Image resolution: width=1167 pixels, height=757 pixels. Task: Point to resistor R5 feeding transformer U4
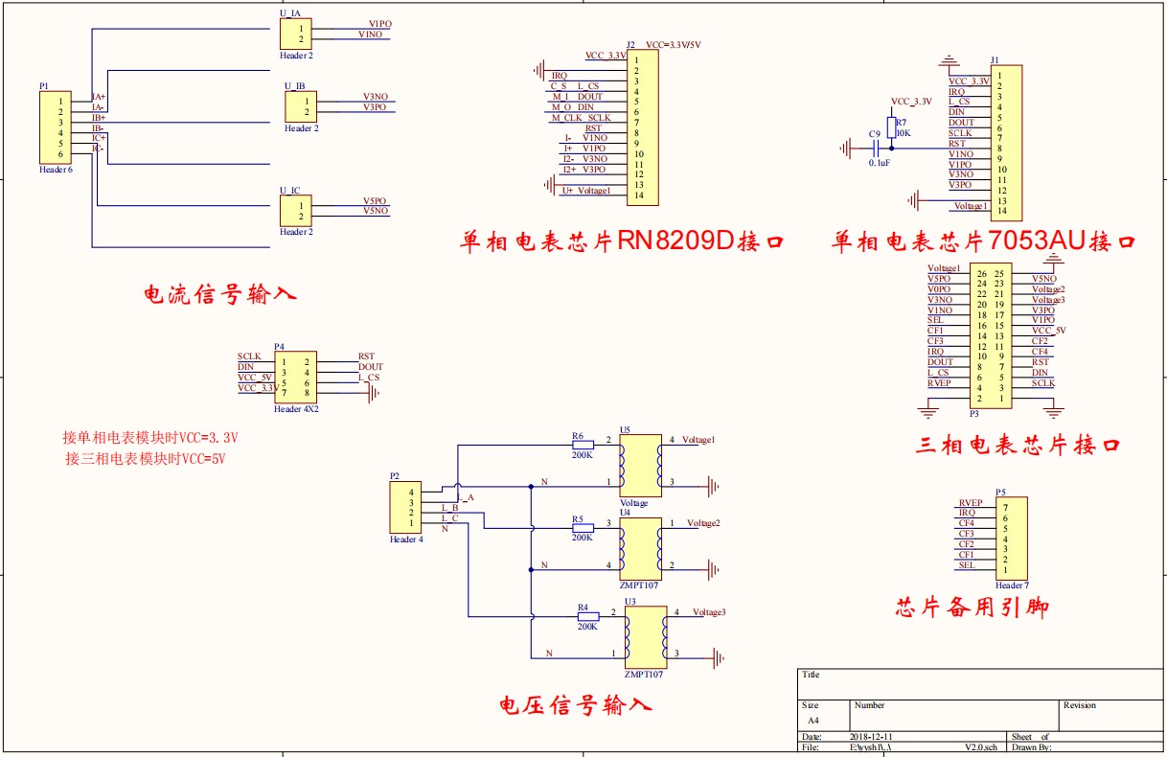click(581, 528)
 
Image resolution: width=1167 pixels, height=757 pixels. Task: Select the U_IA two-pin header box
click(295, 34)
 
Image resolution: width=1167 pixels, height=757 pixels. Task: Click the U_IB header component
click(300, 107)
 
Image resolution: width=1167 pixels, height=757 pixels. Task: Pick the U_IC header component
click(295, 211)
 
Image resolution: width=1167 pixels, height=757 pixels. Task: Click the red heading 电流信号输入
click(219, 294)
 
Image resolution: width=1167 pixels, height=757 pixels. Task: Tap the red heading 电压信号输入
click(576, 706)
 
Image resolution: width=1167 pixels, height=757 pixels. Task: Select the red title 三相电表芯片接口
click(1018, 446)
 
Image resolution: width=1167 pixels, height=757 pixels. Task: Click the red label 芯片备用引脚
click(972, 608)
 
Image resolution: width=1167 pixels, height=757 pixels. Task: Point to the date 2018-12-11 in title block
click(872, 737)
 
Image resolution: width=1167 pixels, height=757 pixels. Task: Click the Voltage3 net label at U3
click(709, 612)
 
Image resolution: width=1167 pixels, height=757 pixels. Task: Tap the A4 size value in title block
click(812, 720)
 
